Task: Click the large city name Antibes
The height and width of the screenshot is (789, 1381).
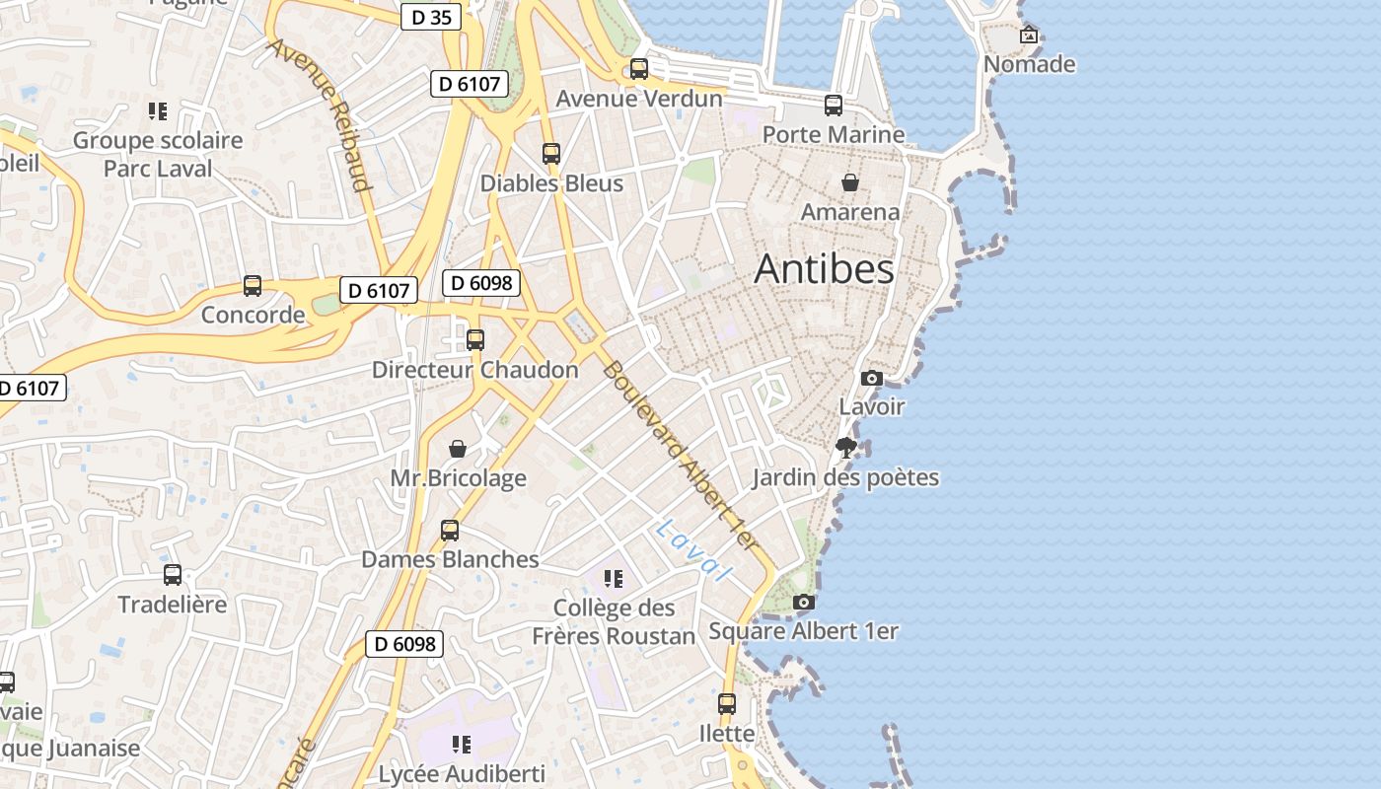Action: (x=824, y=269)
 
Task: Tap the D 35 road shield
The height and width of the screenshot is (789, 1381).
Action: (x=431, y=17)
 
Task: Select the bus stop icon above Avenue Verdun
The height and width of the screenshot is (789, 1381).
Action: (x=639, y=69)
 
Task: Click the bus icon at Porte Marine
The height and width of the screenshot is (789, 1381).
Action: (x=834, y=106)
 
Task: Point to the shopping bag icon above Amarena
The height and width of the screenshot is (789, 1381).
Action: (x=849, y=182)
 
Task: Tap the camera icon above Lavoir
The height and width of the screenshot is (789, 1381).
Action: (x=871, y=378)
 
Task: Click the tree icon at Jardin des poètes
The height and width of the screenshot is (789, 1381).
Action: (x=845, y=449)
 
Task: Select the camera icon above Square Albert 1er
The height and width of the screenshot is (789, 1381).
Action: (x=804, y=602)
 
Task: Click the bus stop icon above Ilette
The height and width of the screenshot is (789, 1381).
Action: (x=727, y=704)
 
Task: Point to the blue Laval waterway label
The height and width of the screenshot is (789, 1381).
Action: (x=693, y=550)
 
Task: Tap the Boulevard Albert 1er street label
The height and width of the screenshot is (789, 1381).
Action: (x=681, y=456)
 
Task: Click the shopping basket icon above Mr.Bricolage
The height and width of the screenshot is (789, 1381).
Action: (x=458, y=449)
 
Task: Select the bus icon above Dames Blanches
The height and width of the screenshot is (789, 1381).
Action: (x=450, y=531)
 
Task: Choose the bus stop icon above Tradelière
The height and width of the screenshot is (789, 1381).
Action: (x=173, y=575)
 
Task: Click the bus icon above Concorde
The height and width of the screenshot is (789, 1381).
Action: (x=253, y=286)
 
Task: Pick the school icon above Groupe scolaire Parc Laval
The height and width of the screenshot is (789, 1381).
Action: (x=158, y=111)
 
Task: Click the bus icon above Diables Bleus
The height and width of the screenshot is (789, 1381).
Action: (x=551, y=154)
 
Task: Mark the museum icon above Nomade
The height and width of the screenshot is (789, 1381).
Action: (x=1029, y=36)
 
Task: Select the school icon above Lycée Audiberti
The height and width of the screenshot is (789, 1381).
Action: (x=461, y=744)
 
